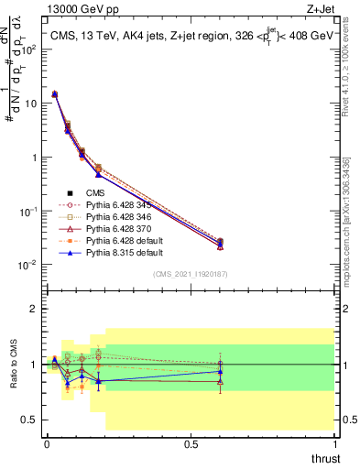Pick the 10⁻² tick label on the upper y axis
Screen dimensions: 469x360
click(29, 266)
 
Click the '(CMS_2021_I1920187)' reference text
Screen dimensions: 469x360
click(191, 273)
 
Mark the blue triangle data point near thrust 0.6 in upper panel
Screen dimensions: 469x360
click(220, 243)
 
